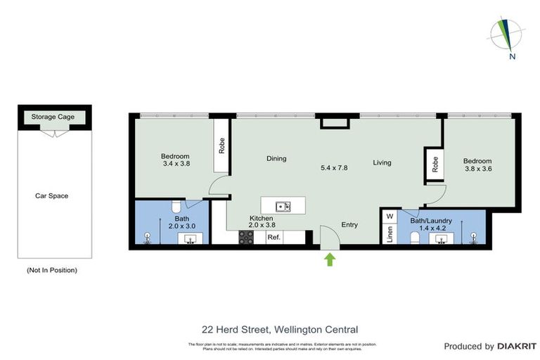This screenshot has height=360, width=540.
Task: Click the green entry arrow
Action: (x=330, y=260)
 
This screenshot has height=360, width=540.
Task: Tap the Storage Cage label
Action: (x=53, y=117)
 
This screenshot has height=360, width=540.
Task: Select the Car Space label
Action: (x=52, y=195)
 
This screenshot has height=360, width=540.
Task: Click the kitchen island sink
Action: (x=284, y=206)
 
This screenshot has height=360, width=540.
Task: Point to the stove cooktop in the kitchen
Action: (x=246, y=238)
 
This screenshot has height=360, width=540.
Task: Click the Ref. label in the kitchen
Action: (x=274, y=238)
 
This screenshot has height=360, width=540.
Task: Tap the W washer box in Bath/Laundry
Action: (x=389, y=217)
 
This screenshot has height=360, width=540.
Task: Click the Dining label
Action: (x=276, y=158)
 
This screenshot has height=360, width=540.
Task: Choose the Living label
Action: (x=382, y=162)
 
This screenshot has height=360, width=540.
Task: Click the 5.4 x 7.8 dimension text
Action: (x=334, y=168)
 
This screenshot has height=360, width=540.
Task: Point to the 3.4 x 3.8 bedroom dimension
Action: (x=175, y=164)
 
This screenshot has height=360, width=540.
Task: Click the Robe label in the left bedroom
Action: (x=221, y=146)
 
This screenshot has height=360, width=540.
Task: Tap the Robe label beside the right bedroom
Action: (x=435, y=165)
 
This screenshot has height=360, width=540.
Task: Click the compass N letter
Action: (x=513, y=57)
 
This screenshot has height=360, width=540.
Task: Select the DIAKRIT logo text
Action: (x=517, y=346)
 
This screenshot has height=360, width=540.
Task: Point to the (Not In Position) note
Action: (x=52, y=270)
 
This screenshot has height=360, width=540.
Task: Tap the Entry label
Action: (x=349, y=225)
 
